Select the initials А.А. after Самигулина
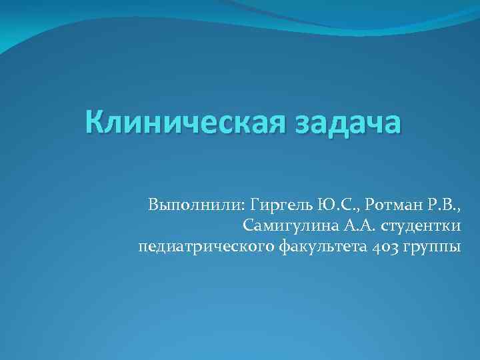click(x=347, y=225)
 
